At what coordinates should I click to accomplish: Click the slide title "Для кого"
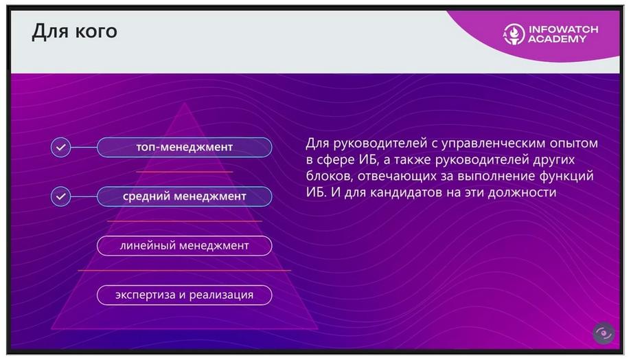click(x=74, y=32)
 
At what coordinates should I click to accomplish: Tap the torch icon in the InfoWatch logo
click(x=514, y=34)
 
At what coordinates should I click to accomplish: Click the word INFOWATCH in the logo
click(x=564, y=30)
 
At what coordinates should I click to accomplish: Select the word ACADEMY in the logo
click(x=557, y=39)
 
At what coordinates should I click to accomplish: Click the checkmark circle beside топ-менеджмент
click(x=61, y=148)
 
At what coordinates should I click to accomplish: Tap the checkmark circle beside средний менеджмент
click(x=61, y=196)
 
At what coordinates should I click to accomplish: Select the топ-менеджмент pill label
click(x=184, y=148)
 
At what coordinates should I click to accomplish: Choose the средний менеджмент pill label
click(x=184, y=196)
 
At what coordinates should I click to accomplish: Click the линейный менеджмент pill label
click(x=184, y=246)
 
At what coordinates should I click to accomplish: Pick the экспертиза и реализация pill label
click(x=184, y=295)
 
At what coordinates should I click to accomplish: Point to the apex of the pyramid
click(x=184, y=103)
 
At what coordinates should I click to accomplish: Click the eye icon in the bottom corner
click(x=604, y=333)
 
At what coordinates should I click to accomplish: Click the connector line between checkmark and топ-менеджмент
click(x=84, y=148)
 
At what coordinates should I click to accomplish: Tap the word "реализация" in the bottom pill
click(x=221, y=295)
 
